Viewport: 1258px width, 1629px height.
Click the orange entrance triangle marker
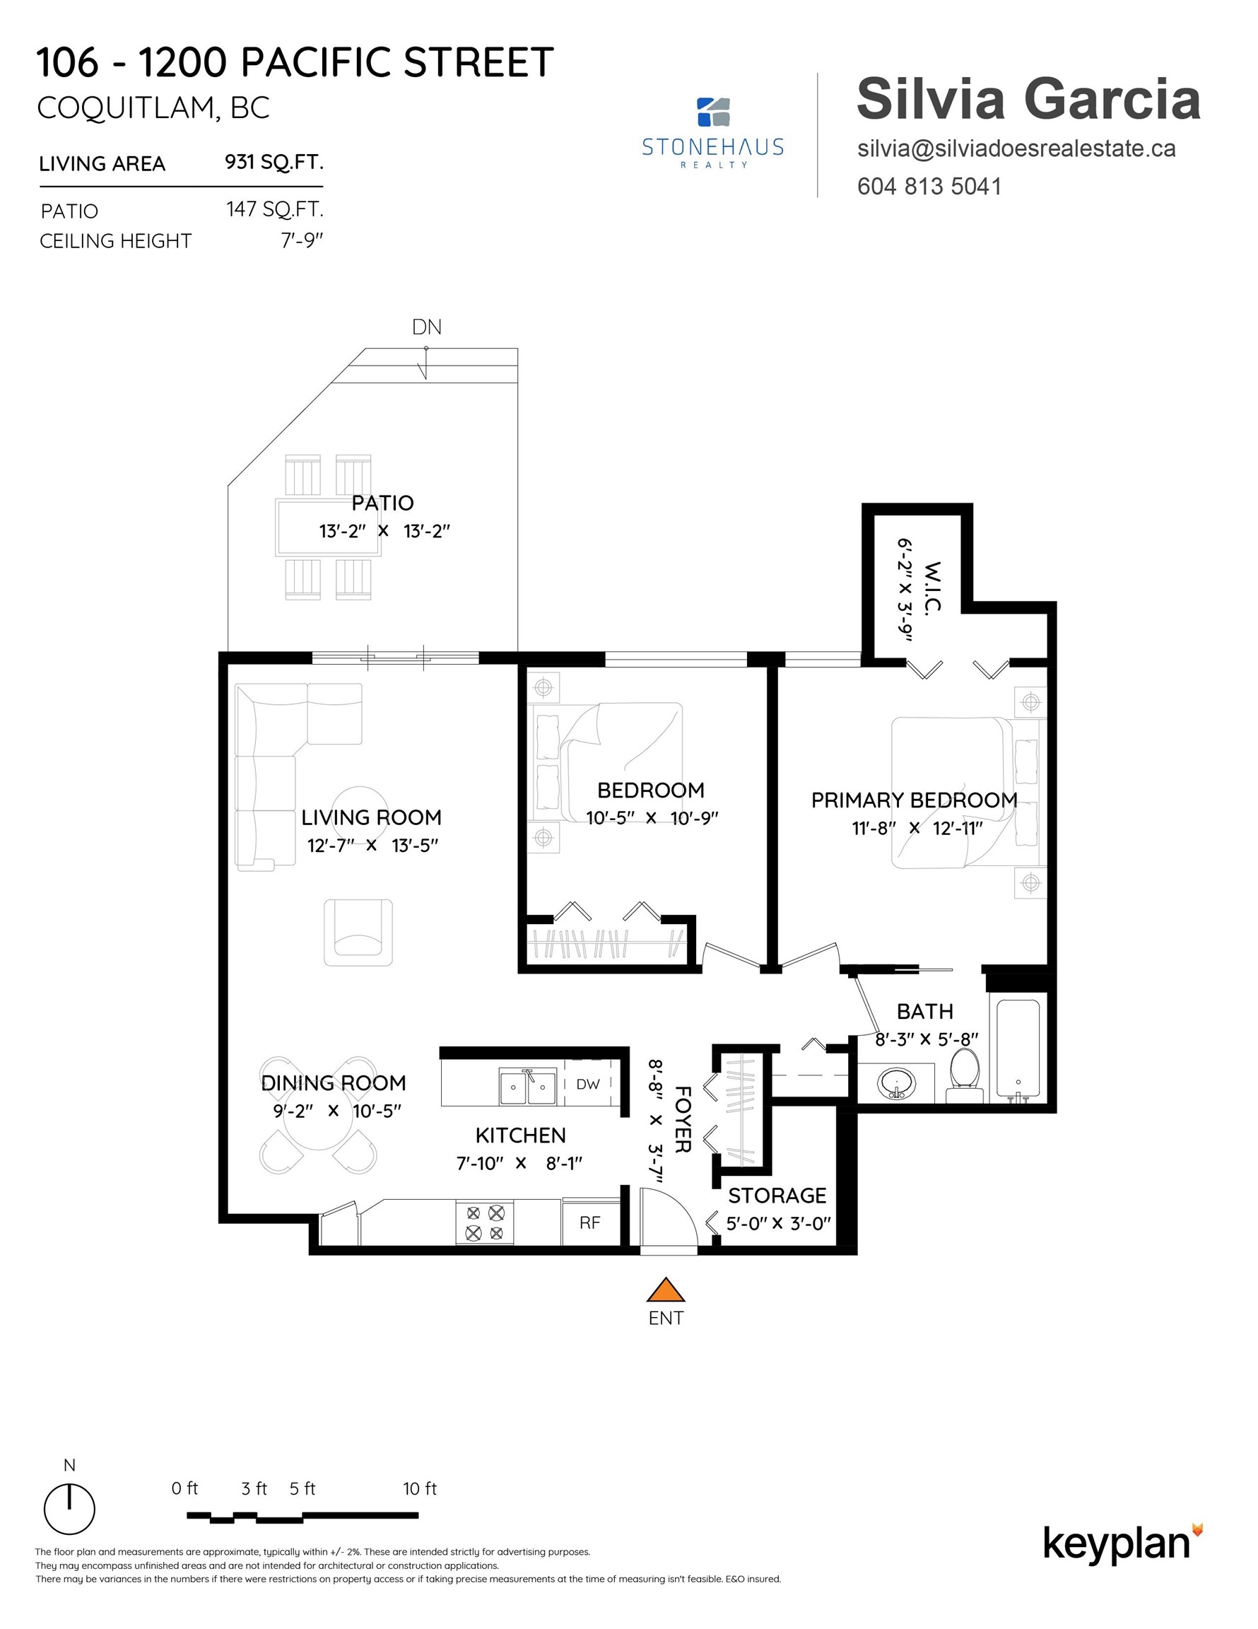point(665,1290)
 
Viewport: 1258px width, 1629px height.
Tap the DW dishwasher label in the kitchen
point(587,1085)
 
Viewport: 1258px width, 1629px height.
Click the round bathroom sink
point(895,1082)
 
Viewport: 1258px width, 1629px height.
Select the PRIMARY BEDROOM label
point(914,800)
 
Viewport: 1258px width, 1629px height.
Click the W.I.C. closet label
point(931,587)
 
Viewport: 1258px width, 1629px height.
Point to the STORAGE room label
point(777,1196)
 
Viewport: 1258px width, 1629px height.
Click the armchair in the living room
point(358,933)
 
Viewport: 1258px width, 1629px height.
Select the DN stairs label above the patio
point(427,327)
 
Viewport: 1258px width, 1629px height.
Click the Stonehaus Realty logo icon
point(713,112)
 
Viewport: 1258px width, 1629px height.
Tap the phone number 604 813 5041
point(929,187)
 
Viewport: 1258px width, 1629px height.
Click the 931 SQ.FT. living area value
point(274,162)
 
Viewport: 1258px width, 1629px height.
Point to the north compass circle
point(69,1509)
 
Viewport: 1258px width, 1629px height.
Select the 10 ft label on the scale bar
point(420,1489)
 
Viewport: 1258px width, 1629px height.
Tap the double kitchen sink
point(528,1087)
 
